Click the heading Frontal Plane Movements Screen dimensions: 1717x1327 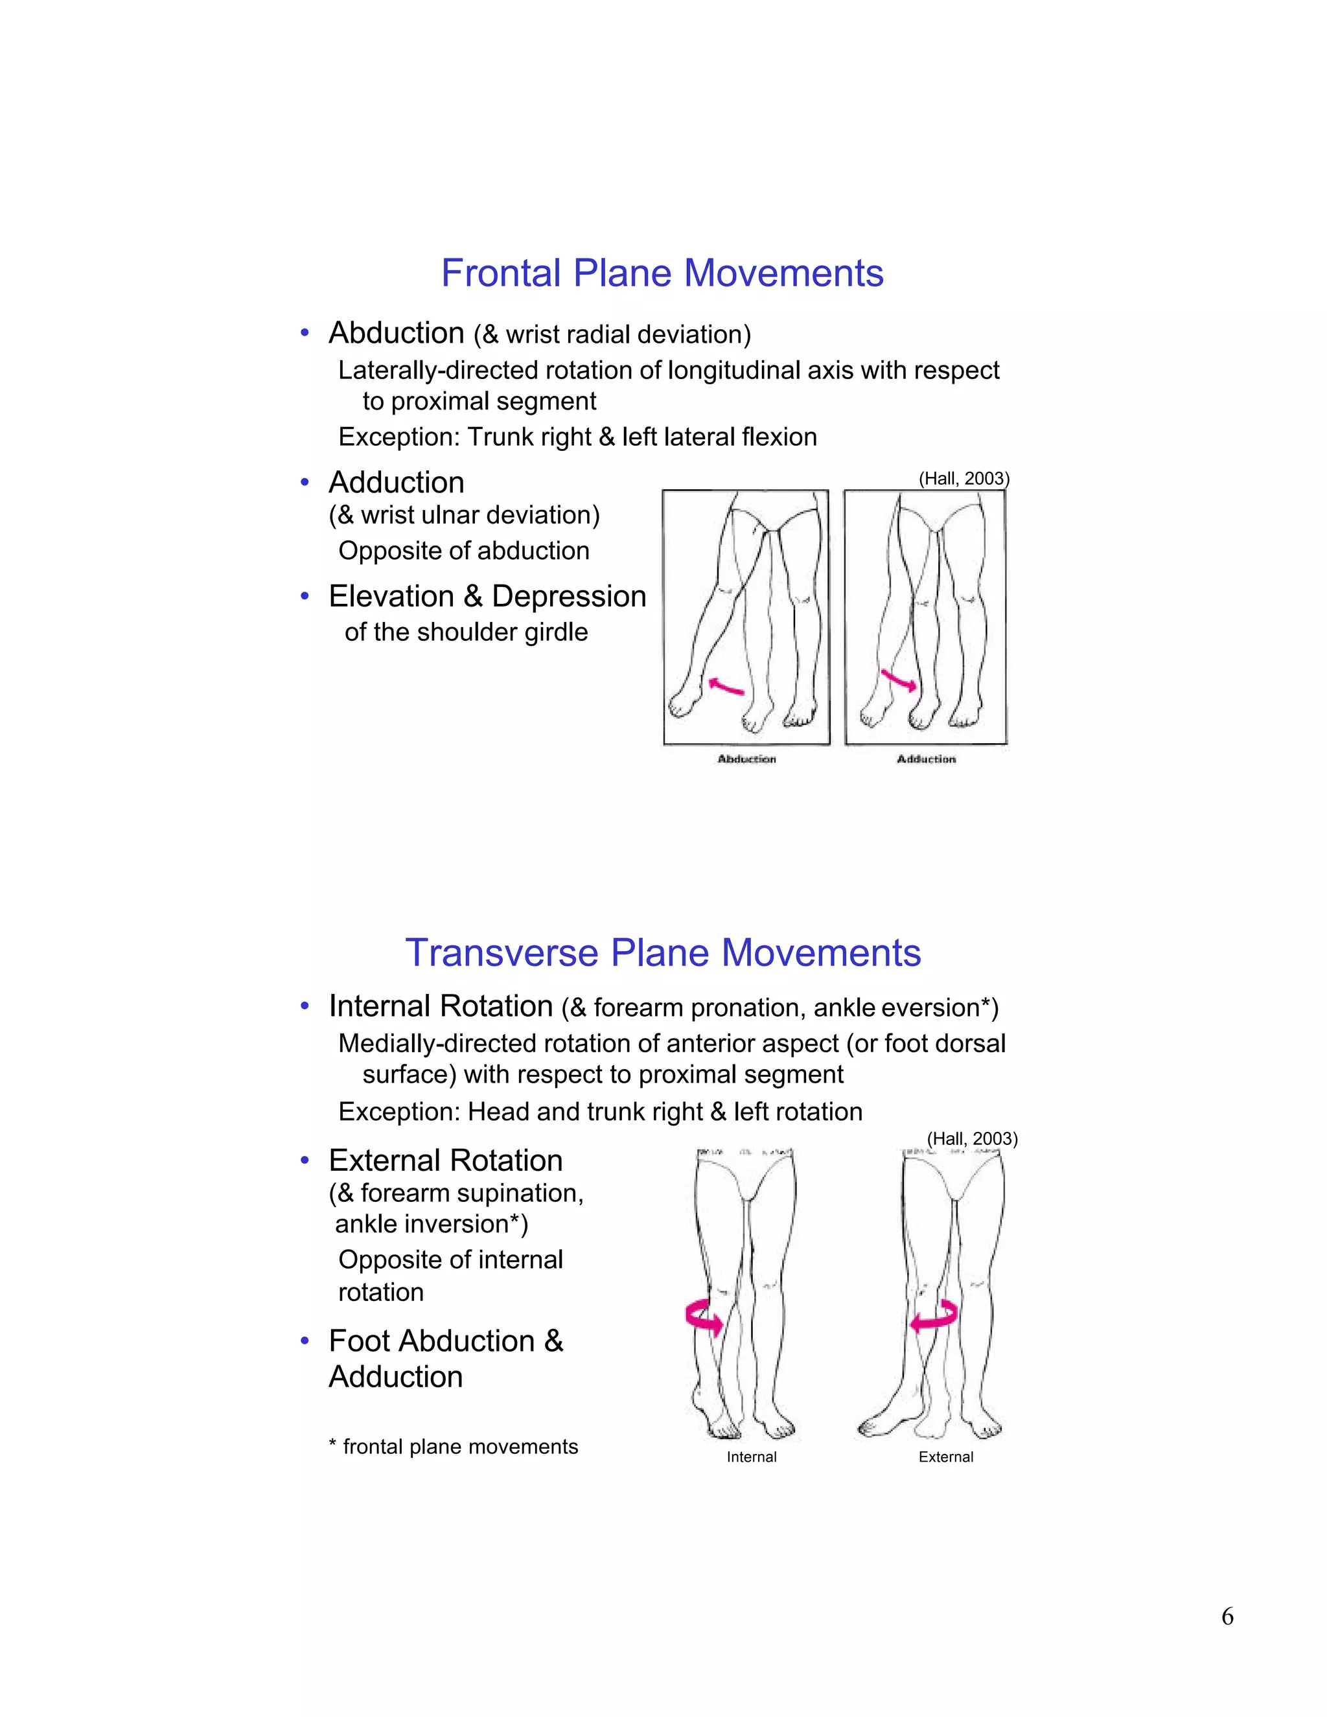point(662,273)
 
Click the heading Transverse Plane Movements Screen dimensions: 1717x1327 point(663,953)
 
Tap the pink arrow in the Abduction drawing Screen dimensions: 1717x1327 point(726,686)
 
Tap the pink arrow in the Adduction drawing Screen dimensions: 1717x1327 point(899,680)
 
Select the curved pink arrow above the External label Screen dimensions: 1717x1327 point(935,1316)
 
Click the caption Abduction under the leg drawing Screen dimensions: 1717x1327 point(746,759)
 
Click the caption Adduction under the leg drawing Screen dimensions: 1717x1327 point(926,759)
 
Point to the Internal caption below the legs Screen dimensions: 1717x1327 point(751,1457)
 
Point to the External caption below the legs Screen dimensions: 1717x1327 point(946,1457)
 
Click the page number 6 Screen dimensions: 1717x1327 point(1227,1617)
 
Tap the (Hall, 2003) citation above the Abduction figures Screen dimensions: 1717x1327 point(964,479)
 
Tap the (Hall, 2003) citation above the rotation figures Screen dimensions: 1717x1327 point(972,1139)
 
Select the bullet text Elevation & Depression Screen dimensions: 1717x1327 point(487,597)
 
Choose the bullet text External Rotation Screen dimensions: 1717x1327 point(446,1160)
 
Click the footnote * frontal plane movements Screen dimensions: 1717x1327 point(453,1447)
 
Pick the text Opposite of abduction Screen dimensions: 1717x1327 point(464,551)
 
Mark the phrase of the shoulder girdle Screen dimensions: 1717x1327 point(466,632)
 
